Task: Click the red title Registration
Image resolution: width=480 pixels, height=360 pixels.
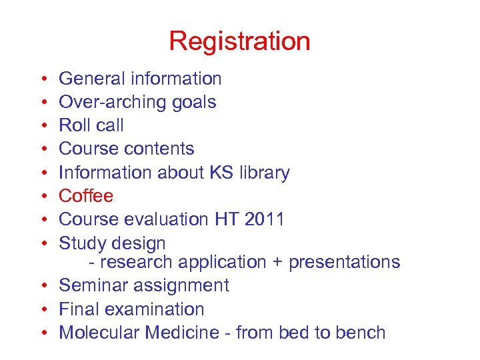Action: tap(239, 41)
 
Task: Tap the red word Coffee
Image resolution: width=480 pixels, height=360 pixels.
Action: tap(86, 196)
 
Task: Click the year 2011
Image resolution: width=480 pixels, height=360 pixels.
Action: tap(264, 219)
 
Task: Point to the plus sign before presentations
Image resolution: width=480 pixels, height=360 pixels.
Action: tap(277, 262)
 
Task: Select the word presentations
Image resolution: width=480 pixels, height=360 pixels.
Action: tap(344, 262)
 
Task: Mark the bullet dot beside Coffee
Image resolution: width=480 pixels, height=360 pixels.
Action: tap(43, 197)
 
